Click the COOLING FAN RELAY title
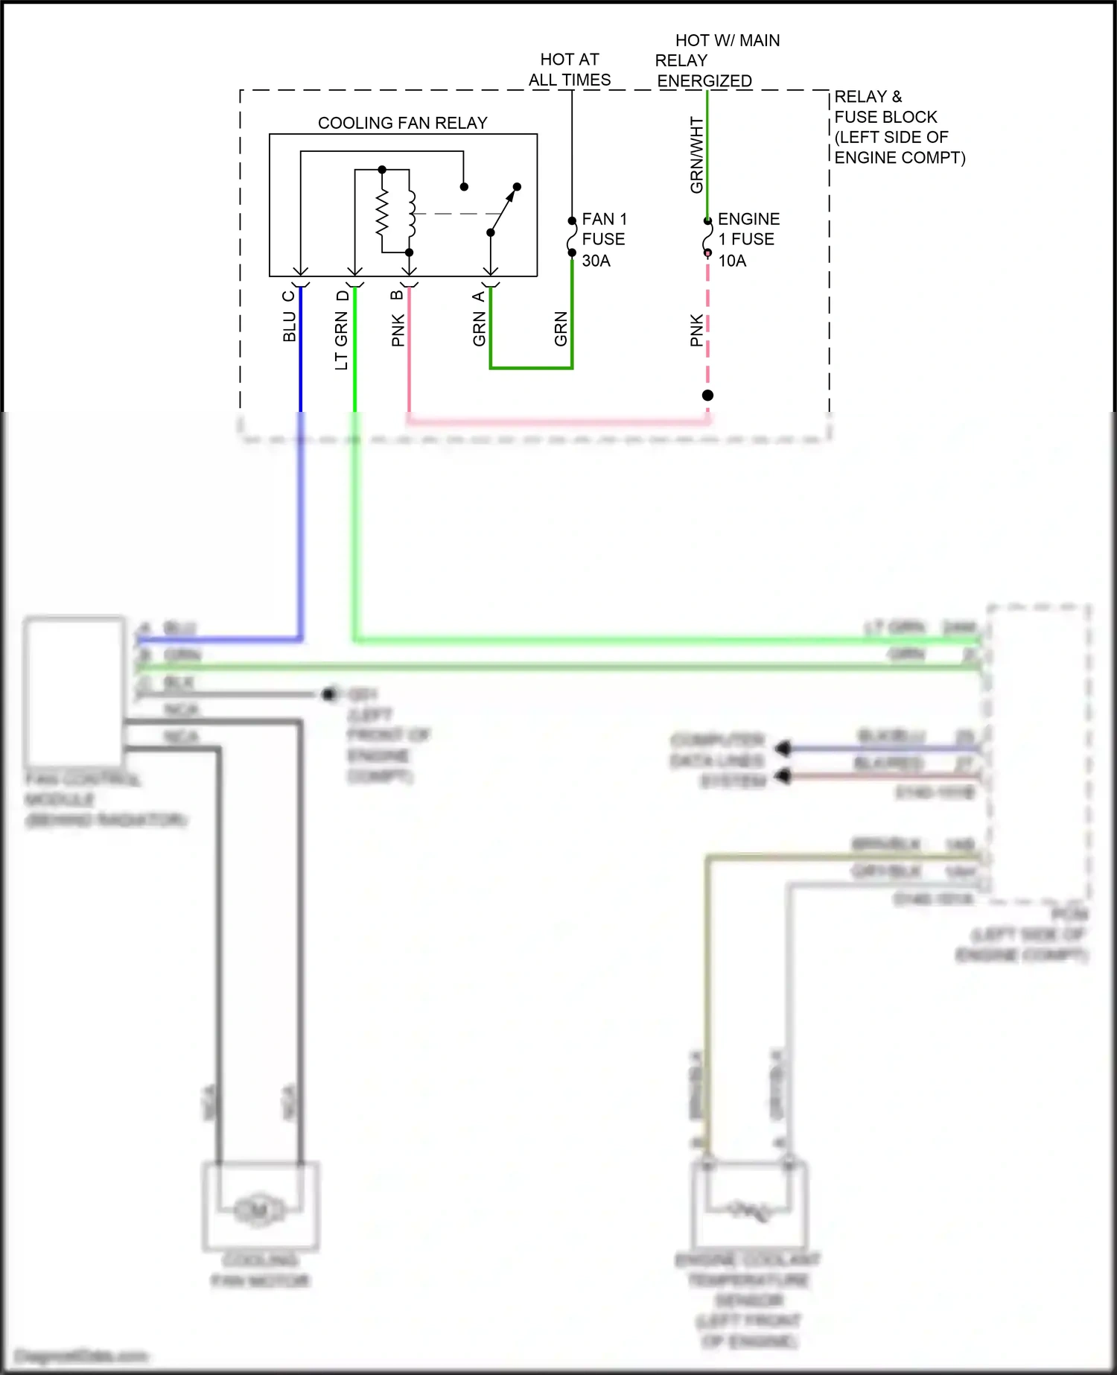pyautogui.click(x=402, y=123)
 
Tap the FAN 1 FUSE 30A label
pyautogui.click(x=603, y=239)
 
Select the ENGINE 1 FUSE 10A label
pyautogui.click(x=747, y=239)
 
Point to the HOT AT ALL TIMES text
pyautogui.click(x=570, y=69)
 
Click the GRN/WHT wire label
pyautogui.click(x=696, y=155)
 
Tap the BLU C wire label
pyautogui.click(x=289, y=317)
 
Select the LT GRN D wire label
pyautogui.click(x=341, y=330)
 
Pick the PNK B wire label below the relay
pyautogui.click(x=398, y=319)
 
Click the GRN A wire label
pyautogui.click(x=479, y=319)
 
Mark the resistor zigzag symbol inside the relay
pyautogui.click(x=382, y=212)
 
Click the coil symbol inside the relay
pyautogui.click(x=410, y=212)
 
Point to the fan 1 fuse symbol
pyautogui.click(x=571, y=237)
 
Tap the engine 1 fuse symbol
pyautogui.click(x=707, y=237)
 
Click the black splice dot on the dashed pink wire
pyautogui.click(x=707, y=396)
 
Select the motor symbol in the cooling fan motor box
pyautogui.click(x=259, y=1208)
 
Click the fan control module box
pyautogui.click(x=74, y=687)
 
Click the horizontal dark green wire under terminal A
pyautogui.click(x=530, y=368)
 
